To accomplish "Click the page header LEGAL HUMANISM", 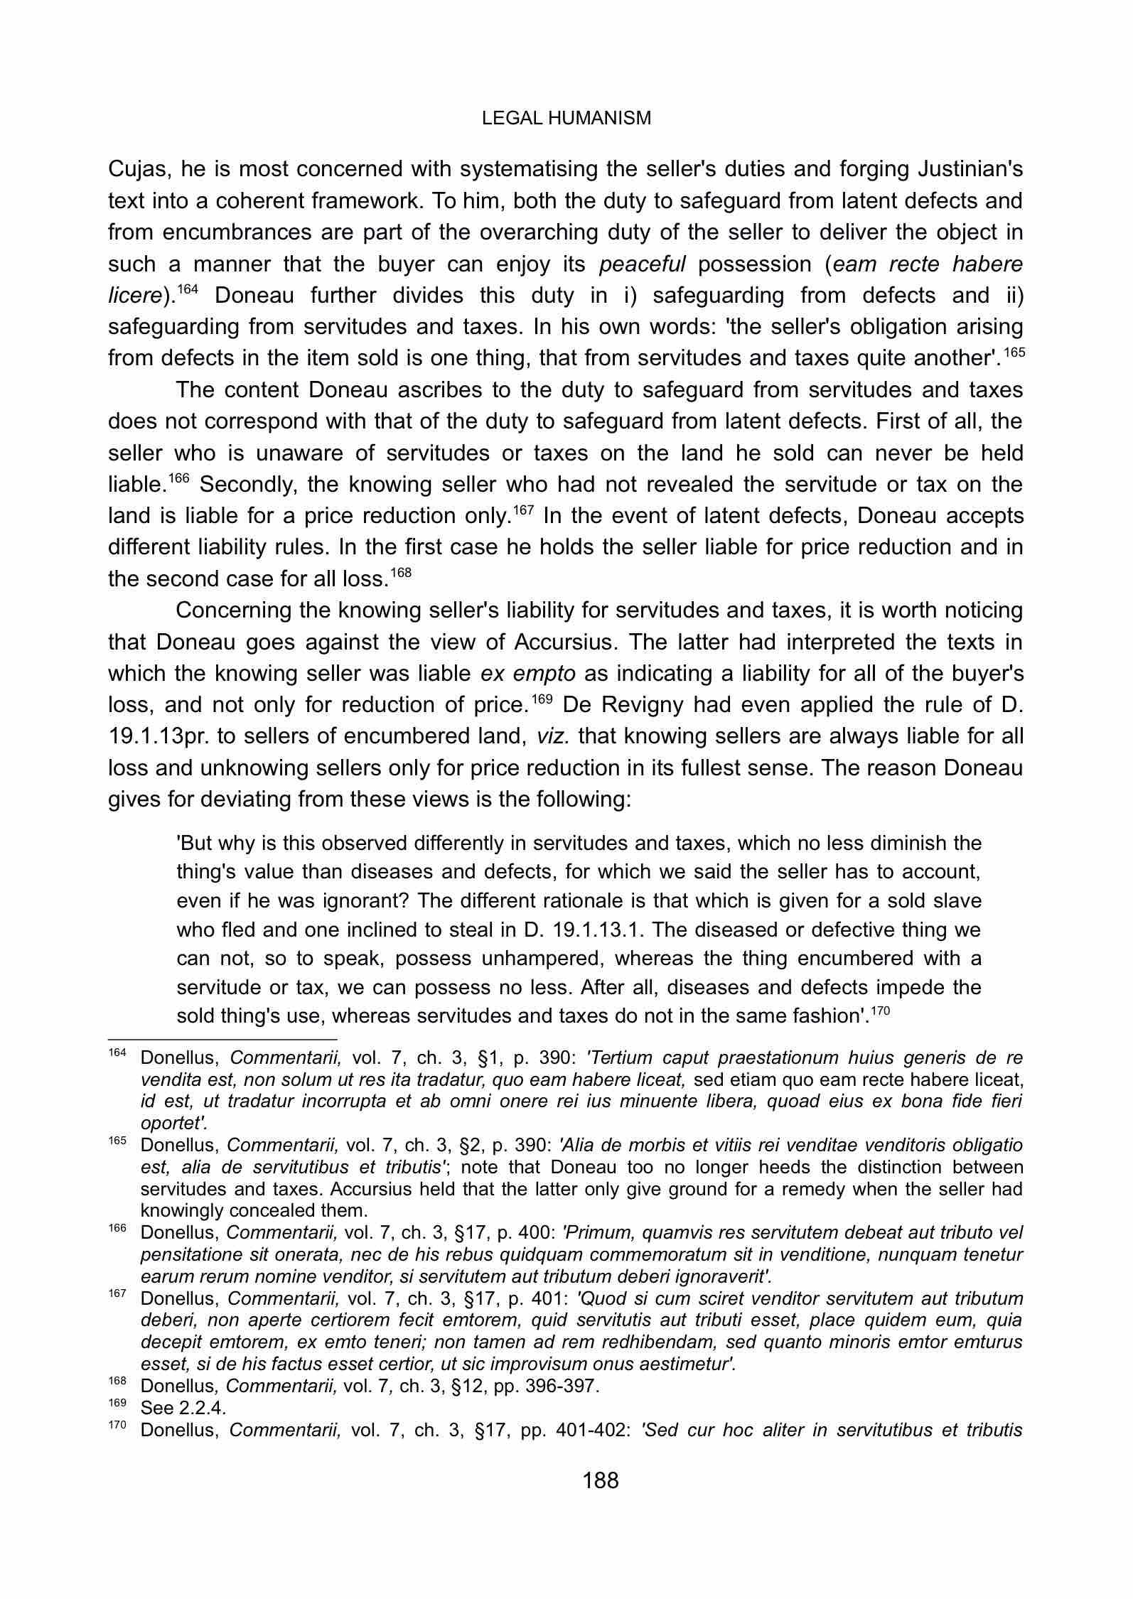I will point(566,118).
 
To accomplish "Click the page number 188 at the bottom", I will point(601,1481).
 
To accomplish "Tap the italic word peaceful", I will point(642,264).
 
